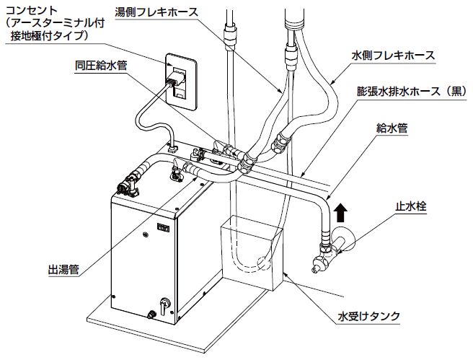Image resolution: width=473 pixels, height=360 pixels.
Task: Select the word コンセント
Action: pyautogui.click(x=32, y=11)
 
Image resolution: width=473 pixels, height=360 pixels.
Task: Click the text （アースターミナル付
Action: pyautogui.click(x=55, y=23)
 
